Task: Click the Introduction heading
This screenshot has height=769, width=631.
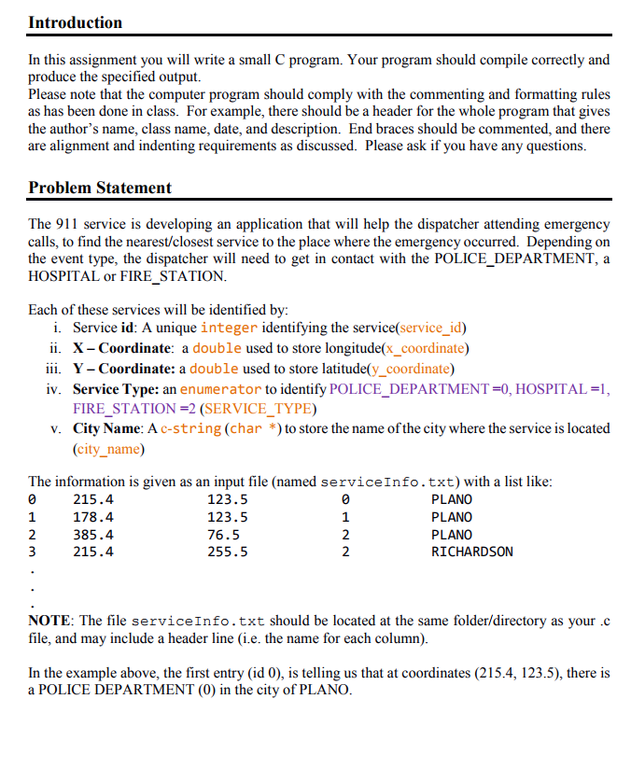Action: point(75,22)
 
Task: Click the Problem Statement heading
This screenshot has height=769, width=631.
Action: point(100,188)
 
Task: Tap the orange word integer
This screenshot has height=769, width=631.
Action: point(229,328)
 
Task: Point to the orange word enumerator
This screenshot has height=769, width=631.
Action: point(220,388)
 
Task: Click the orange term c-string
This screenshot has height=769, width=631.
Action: point(190,428)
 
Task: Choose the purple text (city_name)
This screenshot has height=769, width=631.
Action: point(108,449)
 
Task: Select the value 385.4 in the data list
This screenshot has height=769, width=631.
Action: point(93,535)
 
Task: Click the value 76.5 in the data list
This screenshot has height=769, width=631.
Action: point(223,535)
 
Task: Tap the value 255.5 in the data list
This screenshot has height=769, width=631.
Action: point(227,552)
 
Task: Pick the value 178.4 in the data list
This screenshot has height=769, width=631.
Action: point(93,517)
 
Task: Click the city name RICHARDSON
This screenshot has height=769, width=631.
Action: point(471,552)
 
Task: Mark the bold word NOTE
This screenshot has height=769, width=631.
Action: point(50,621)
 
